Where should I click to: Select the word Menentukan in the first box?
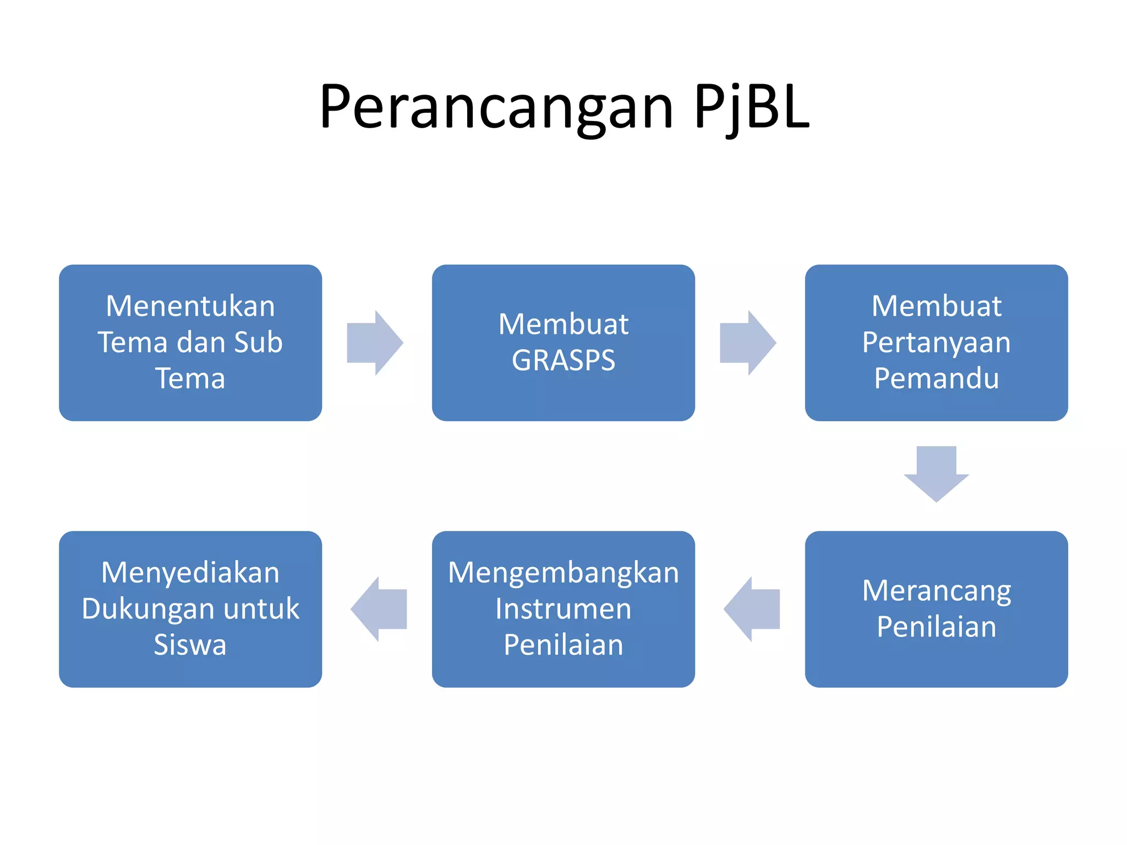point(190,306)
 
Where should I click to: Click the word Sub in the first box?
point(258,343)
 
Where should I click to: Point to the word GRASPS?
point(563,361)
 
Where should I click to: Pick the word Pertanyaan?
point(936,343)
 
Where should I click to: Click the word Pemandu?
point(936,378)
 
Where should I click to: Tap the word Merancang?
point(936,591)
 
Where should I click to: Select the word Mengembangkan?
point(563,573)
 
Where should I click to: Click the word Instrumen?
point(563,609)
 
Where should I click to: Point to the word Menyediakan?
point(190,573)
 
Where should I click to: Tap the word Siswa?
point(190,645)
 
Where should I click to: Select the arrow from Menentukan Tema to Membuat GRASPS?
point(374,343)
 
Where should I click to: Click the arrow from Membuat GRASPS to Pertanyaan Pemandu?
point(747,343)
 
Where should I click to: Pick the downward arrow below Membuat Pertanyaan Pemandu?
point(936,473)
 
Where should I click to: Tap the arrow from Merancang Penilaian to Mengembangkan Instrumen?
point(752,609)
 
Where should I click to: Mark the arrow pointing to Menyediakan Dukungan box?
point(379,609)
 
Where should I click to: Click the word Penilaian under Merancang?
point(936,627)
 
